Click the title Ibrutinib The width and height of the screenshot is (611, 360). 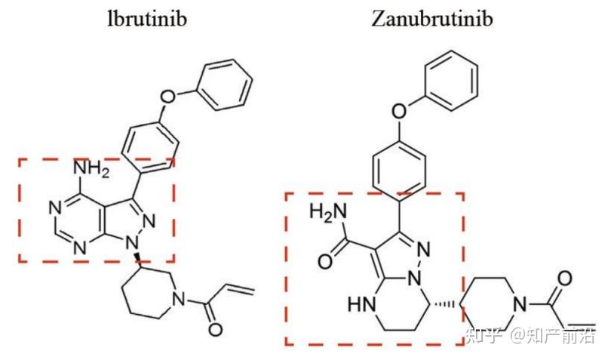146,18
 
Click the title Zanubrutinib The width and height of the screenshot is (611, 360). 431,18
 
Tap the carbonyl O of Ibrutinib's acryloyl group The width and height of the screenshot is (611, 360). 216,329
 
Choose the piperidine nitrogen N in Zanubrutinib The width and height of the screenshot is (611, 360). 517,305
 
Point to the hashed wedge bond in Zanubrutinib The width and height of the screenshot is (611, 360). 448,305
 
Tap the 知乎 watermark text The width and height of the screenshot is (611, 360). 484,334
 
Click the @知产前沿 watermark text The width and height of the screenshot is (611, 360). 554,334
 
